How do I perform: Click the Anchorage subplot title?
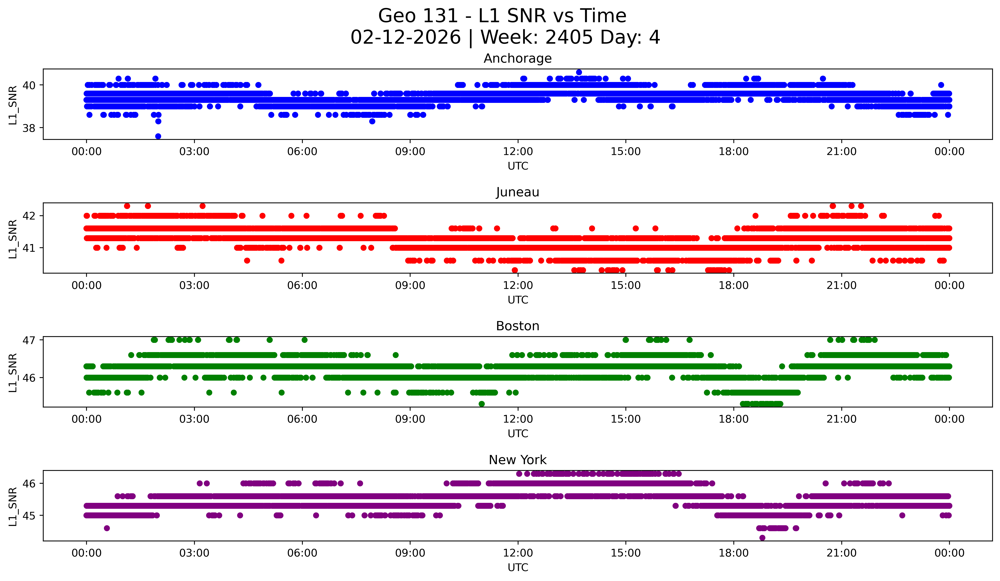point(518,58)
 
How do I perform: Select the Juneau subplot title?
point(518,192)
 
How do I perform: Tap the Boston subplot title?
point(518,326)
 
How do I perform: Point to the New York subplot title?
point(518,460)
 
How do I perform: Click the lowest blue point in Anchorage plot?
point(158,136)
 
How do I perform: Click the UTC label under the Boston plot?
point(518,434)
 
